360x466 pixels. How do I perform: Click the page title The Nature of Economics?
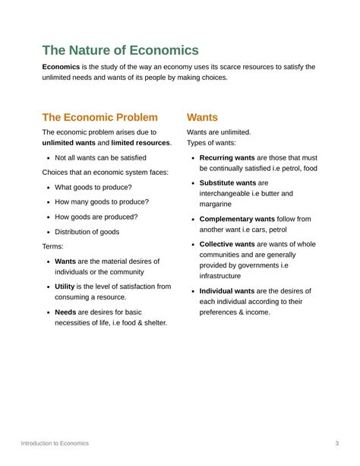(x=120, y=50)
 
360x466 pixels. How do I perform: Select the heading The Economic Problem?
(x=99, y=117)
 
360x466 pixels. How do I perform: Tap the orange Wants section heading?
(x=202, y=117)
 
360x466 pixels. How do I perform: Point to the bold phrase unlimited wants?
(x=68, y=143)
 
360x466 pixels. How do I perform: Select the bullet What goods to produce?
(x=93, y=187)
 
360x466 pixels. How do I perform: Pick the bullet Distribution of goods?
(x=87, y=232)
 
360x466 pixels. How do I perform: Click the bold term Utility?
(x=65, y=287)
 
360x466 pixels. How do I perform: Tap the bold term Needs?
(x=65, y=312)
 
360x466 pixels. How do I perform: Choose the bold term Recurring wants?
(x=227, y=157)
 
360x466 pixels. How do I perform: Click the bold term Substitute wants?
(x=227, y=183)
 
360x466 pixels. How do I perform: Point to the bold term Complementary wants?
(x=237, y=219)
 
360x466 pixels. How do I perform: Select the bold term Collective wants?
(x=227, y=244)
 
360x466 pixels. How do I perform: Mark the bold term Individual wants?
(x=227, y=291)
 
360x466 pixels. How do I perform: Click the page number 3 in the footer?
(x=336, y=443)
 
